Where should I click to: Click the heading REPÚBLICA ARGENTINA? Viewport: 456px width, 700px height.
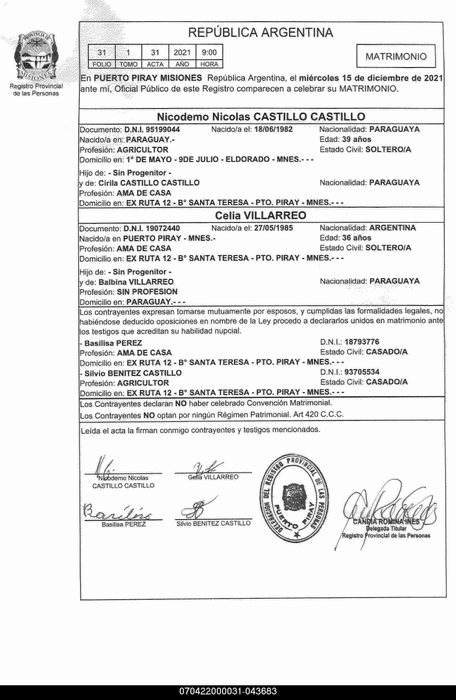click(x=260, y=33)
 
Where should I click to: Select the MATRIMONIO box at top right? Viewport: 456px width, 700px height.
click(x=396, y=56)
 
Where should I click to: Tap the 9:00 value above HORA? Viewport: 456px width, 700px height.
click(x=209, y=53)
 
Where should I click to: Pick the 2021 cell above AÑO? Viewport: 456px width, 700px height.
click(x=182, y=53)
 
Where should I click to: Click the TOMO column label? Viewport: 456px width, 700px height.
click(x=129, y=64)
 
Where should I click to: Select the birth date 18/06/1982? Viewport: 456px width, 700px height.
click(x=273, y=130)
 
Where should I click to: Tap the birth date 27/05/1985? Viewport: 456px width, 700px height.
click(x=273, y=228)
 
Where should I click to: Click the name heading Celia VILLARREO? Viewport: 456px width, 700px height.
click(x=260, y=216)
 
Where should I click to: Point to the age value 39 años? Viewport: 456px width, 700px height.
click(x=357, y=139)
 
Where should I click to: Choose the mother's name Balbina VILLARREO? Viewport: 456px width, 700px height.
click(x=136, y=282)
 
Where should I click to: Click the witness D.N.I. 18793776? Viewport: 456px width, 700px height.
click(x=362, y=342)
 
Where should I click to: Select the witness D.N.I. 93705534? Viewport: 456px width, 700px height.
click(x=362, y=372)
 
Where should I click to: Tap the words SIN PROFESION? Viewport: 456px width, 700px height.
click(x=147, y=292)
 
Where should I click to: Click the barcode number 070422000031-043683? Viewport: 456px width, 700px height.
click(x=228, y=691)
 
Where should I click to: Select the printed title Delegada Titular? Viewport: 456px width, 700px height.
click(x=386, y=528)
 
